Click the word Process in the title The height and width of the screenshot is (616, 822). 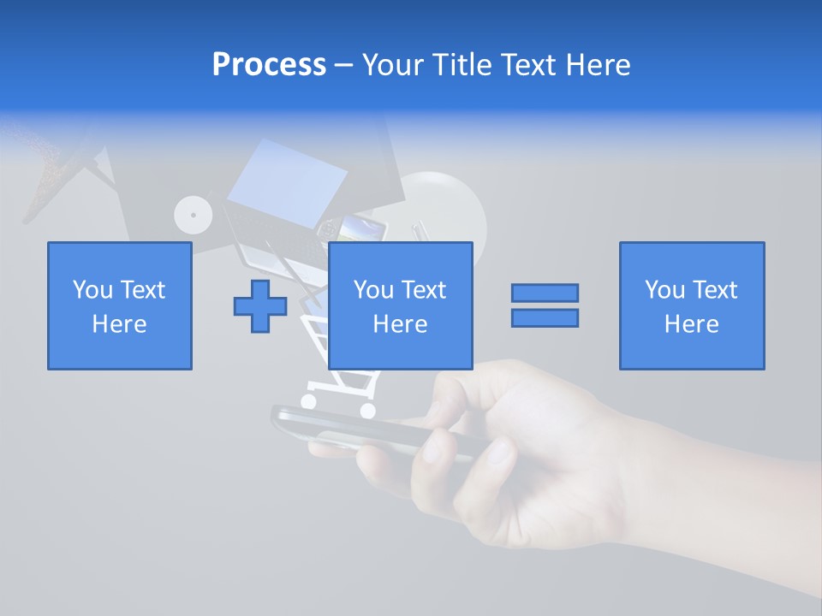tap(269, 65)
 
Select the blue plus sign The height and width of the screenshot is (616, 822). tap(260, 305)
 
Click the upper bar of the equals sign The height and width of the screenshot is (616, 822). tap(545, 293)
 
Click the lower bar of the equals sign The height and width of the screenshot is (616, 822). tap(545, 317)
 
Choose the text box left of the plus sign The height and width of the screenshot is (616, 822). tap(120, 305)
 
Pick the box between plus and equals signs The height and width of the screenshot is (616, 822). tap(400, 305)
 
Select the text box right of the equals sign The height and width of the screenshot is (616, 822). tap(691, 305)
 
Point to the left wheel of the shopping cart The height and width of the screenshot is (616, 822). tap(309, 401)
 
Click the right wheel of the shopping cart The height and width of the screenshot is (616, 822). tap(367, 411)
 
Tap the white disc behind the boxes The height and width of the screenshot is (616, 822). tap(193, 215)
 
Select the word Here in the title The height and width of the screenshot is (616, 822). tap(598, 65)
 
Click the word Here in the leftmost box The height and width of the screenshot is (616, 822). tap(119, 324)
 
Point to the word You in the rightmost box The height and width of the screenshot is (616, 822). tap(664, 290)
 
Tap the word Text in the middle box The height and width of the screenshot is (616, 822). tap(424, 290)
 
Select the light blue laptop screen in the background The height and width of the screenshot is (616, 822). tap(286, 181)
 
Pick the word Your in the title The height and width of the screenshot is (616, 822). tap(394, 65)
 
